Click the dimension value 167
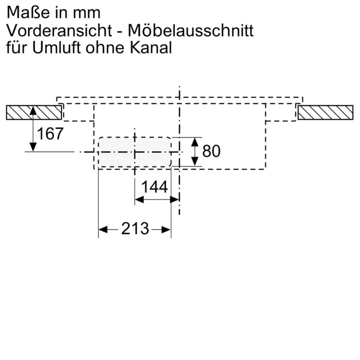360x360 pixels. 50,134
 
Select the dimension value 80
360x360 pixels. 211,151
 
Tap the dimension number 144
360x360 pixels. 154,187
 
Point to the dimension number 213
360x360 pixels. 135,229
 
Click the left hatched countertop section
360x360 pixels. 33,113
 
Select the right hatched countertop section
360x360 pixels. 325,113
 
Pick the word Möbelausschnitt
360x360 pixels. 191,31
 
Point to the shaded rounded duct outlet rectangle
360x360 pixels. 135,152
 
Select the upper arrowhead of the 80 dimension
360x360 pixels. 195,141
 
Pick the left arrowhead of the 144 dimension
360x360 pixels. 139,199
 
